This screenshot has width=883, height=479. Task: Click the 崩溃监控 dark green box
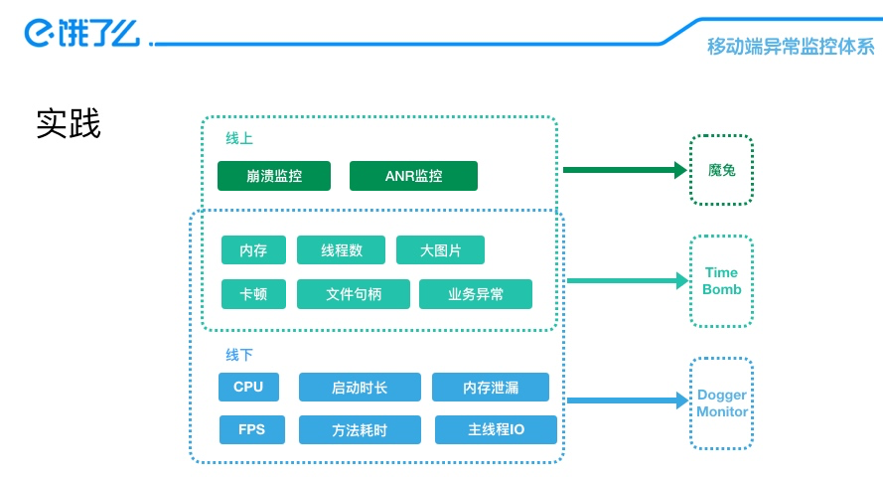(274, 176)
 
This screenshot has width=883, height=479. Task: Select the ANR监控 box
(413, 176)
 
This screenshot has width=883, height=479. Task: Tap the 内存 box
(253, 250)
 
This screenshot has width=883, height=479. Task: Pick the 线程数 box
(342, 250)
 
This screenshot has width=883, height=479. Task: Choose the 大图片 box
(440, 250)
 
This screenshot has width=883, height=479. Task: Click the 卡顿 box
(253, 294)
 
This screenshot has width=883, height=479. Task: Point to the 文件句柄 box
(353, 294)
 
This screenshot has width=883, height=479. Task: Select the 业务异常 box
(476, 294)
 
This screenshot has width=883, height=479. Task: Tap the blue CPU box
(248, 388)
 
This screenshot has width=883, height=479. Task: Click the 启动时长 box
(360, 388)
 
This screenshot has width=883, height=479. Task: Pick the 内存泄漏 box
(491, 388)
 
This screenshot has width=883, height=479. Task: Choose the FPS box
(251, 430)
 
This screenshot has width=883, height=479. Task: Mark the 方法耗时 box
(360, 430)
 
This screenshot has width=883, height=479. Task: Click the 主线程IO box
(496, 430)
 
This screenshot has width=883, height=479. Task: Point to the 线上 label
(239, 138)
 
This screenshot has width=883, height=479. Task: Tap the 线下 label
(239, 355)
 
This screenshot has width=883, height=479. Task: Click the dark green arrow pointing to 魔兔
(625, 170)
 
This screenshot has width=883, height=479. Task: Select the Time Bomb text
(721, 281)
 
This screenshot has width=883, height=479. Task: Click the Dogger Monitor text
(722, 403)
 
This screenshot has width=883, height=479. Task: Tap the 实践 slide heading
(69, 123)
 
